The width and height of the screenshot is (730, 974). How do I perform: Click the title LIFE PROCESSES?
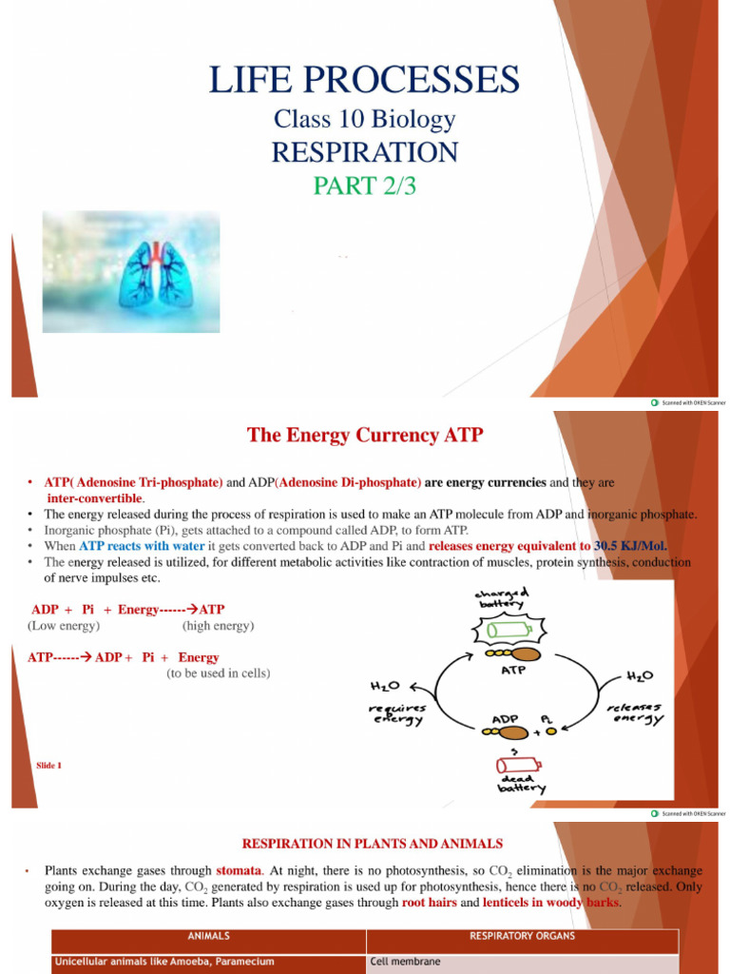[364, 80]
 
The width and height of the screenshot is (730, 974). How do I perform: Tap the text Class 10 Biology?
[364, 120]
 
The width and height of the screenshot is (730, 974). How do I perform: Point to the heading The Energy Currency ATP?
[365, 435]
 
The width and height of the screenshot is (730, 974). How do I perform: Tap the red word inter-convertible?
[96, 498]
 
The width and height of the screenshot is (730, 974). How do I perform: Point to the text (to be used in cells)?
[219, 673]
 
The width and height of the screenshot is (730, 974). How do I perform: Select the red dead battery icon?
[518, 765]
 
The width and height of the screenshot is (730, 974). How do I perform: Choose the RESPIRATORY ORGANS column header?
[522, 936]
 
